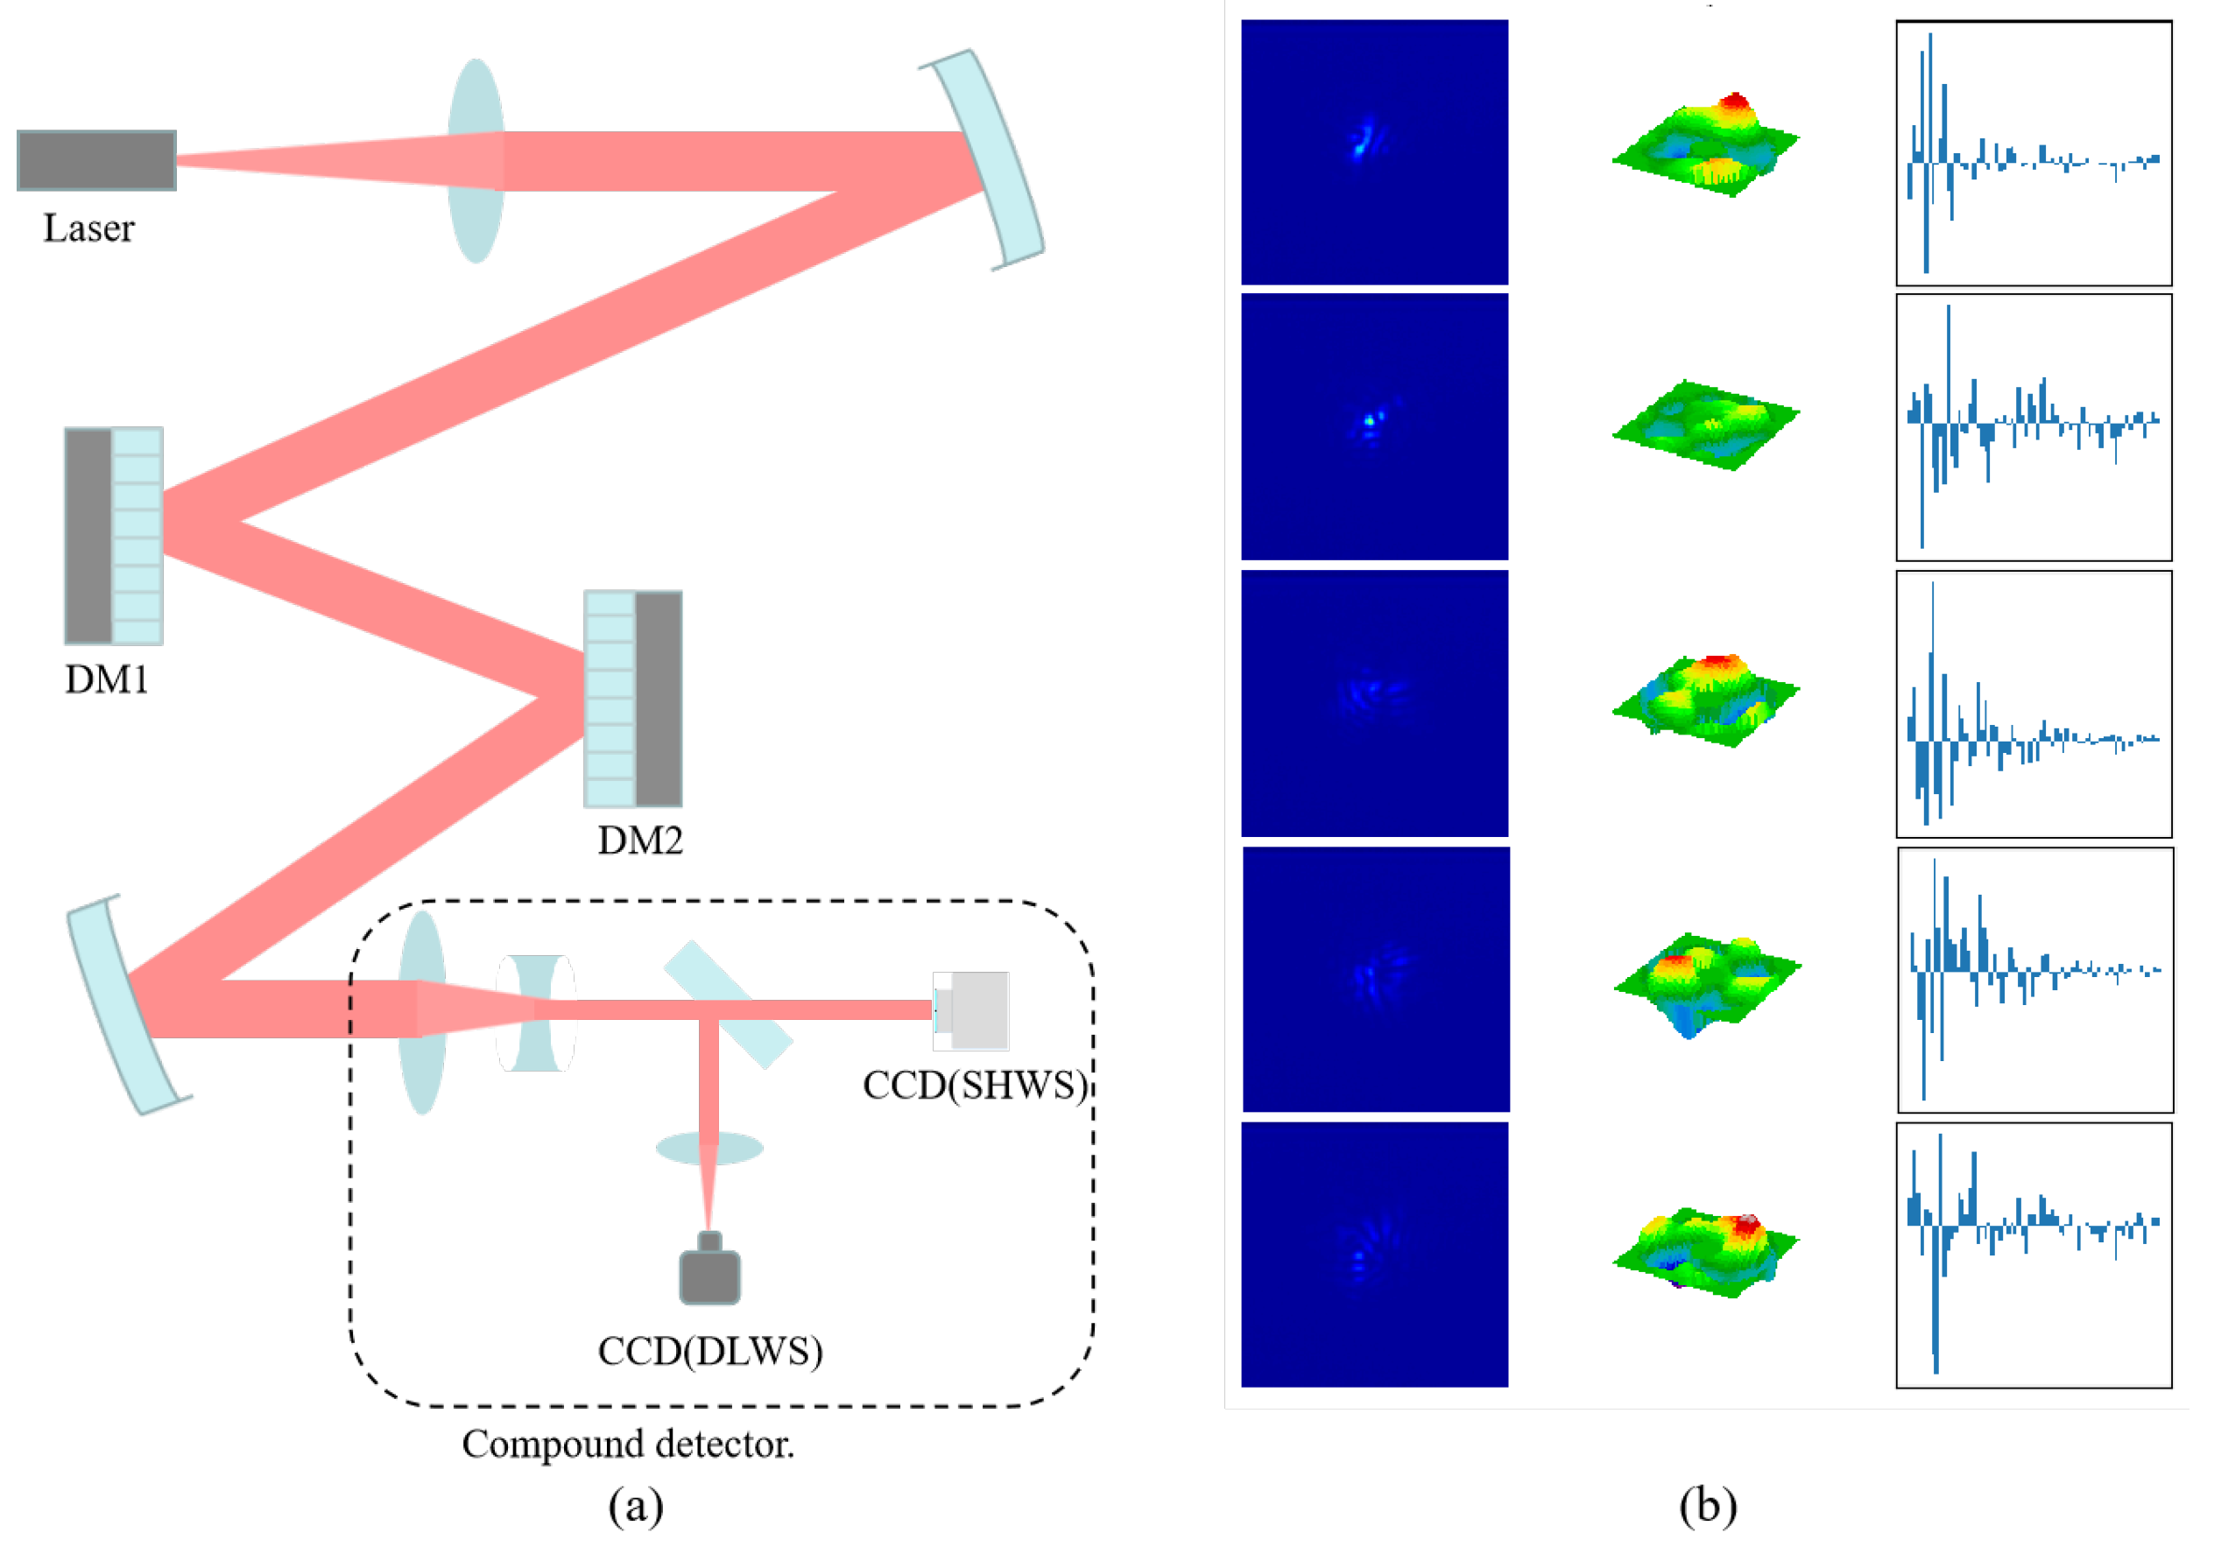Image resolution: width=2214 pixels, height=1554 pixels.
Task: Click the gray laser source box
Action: (x=96, y=160)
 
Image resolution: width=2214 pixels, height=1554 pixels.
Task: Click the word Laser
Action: (x=88, y=229)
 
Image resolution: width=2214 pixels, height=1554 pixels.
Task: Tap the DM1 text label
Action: (x=106, y=680)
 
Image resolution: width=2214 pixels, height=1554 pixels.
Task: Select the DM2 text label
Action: (x=640, y=841)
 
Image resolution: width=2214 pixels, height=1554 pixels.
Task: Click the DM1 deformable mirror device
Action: (x=114, y=536)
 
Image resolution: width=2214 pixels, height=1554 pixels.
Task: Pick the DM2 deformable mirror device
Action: (x=633, y=699)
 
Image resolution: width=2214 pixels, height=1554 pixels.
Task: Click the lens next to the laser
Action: (x=476, y=161)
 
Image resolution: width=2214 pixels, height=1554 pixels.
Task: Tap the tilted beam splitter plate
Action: (x=729, y=1005)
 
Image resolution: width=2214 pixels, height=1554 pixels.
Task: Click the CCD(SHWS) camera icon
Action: (x=972, y=1011)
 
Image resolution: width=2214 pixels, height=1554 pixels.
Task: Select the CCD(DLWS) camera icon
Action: (x=710, y=1270)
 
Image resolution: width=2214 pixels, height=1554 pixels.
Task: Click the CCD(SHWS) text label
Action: (x=975, y=1086)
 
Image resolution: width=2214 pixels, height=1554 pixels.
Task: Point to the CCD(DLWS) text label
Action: (x=710, y=1353)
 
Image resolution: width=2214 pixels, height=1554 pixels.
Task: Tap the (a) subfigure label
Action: (x=636, y=1507)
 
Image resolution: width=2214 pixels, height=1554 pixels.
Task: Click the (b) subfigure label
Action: (x=1708, y=1507)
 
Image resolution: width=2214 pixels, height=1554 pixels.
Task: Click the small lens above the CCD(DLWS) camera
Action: (x=709, y=1148)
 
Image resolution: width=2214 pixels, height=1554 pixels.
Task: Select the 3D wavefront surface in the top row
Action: (x=1705, y=144)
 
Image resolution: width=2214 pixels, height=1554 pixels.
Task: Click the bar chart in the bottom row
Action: (x=2034, y=1255)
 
